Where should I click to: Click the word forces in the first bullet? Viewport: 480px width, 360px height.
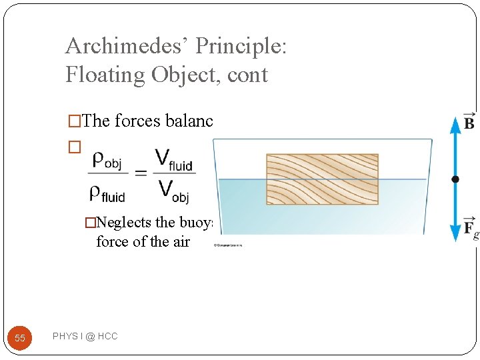pyautogui.click(x=137, y=121)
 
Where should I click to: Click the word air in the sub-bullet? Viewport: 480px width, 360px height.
pyautogui.click(x=181, y=242)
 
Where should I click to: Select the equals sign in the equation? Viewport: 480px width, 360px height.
pyautogui.click(x=141, y=173)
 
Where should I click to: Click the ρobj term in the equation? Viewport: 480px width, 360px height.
pyautogui.click(x=106, y=160)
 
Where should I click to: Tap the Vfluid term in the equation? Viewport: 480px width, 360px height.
pyautogui.click(x=175, y=160)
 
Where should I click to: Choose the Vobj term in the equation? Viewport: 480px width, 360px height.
pyautogui.click(x=174, y=191)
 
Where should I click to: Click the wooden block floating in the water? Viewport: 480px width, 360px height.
pyautogui.click(x=322, y=179)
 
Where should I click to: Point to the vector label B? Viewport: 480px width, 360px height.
pyautogui.click(x=469, y=122)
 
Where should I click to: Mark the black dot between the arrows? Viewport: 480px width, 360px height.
pyautogui.click(x=455, y=179)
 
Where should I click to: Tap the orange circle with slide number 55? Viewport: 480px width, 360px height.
pyautogui.click(x=20, y=338)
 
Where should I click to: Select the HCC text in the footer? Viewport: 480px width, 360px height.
pyautogui.click(x=107, y=337)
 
